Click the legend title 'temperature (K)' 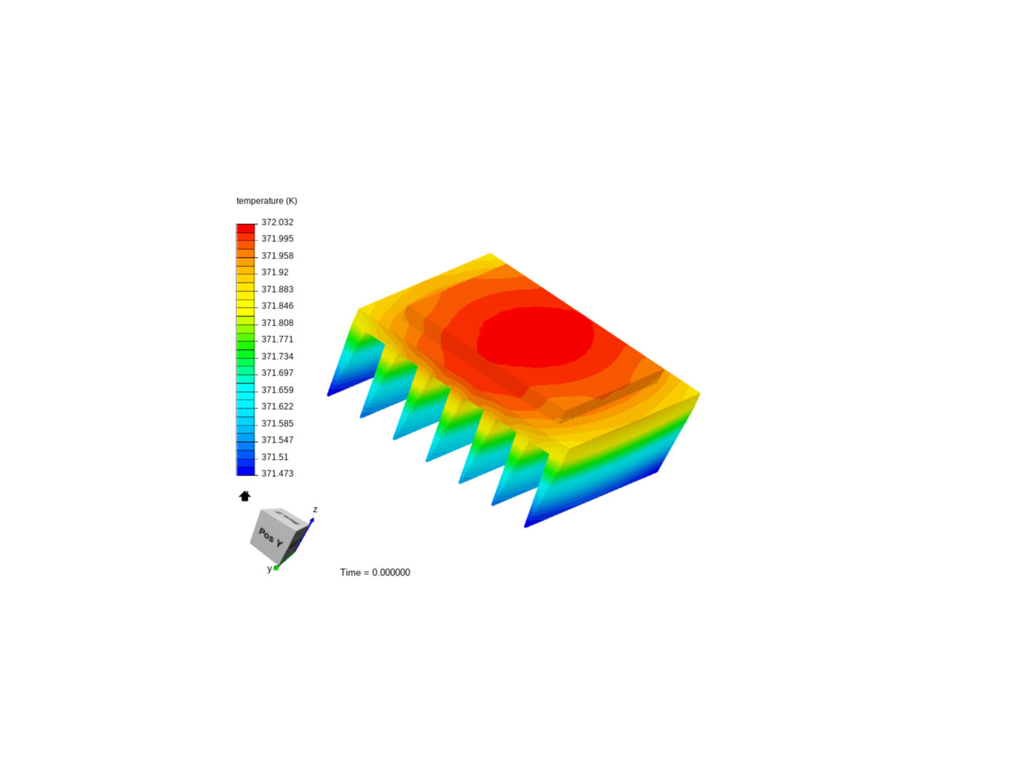pos(266,201)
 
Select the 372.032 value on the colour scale pos(277,222)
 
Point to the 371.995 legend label pos(277,238)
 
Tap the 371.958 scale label pos(277,256)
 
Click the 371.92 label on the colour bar pos(275,273)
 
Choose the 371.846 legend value pos(277,306)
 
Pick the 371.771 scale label pos(277,339)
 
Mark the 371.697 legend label pos(277,373)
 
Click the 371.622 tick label pos(277,406)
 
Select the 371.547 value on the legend pos(277,440)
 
